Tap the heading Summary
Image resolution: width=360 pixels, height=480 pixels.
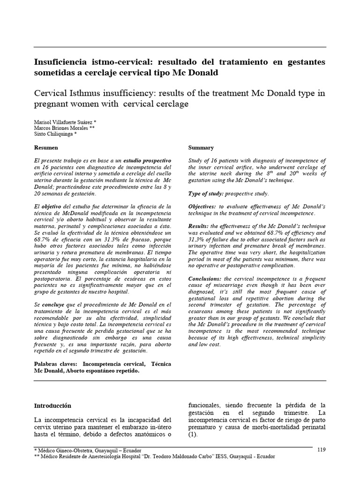point(201,147)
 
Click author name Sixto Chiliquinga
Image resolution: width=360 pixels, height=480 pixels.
point(54,134)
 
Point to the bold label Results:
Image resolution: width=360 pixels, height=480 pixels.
point(199,226)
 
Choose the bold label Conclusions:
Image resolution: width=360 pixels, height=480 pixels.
point(205,278)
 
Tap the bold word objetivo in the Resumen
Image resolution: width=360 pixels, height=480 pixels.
point(54,206)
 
